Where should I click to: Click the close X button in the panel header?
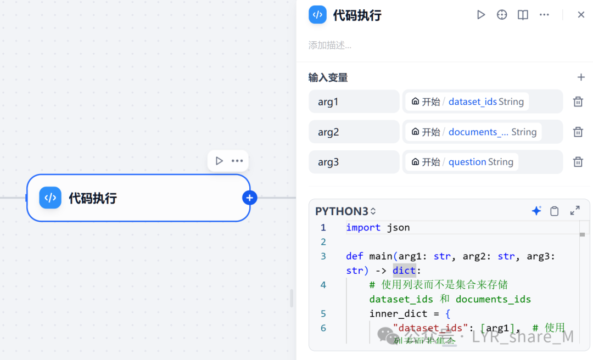pyautogui.click(x=581, y=15)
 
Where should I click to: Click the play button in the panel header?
pyautogui.click(x=481, y=15)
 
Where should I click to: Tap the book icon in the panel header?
pyautogui.click(x=523, y=15)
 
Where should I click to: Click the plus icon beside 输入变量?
pyautogui.click(x=581, y=77)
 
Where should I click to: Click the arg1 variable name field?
pyautogui.click(x=354, y=102)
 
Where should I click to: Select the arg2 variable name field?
pyautogui.click(x=354, y=132)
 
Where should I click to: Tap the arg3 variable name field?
pyautogui.click(x=354, y=162)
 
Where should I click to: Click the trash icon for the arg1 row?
pyautogui.click(x=578, y=102)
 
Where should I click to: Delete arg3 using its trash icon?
pyautogui.click(x=578, y=162)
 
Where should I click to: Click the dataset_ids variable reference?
pyautogui.click(x=472, y=102)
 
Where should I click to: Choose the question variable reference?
pyautogui.click(x=467, y=162)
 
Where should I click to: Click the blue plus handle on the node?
pyautogui.click(x=250, y=198)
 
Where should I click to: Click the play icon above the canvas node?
pyautogui.click(x=219, y=161)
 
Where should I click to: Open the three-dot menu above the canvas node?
pyautogui.click(x=237, y=161)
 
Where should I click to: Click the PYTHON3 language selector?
pyautogui.click(x=345, y=211)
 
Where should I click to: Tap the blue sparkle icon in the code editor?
pyautogui.click(x=536, y=211)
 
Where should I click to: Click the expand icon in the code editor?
pyautogui.click(x=575, y=211)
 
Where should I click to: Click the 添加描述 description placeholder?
pyautogui.click(x=330, y=45)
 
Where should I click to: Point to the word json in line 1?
pyautogui.click(x=399, y=227)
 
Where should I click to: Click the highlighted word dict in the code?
pyautogui.click(x=404, y=270)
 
